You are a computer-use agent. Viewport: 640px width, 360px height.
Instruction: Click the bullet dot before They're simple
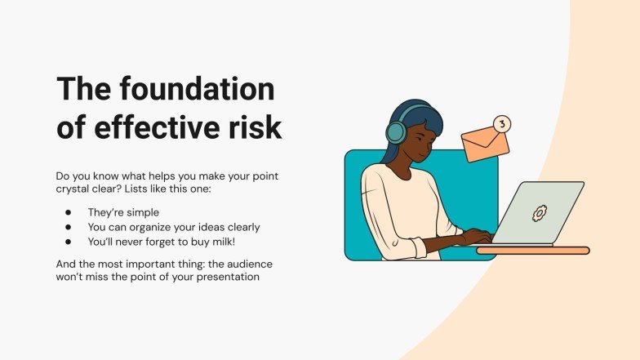point(69,212)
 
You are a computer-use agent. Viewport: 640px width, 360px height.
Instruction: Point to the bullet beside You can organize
point(69,227)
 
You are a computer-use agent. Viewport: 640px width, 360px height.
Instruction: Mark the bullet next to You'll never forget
point(69,242)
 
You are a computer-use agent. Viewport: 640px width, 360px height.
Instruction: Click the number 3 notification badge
point(502,124)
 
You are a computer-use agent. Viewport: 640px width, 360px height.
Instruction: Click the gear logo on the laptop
point(539,213)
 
